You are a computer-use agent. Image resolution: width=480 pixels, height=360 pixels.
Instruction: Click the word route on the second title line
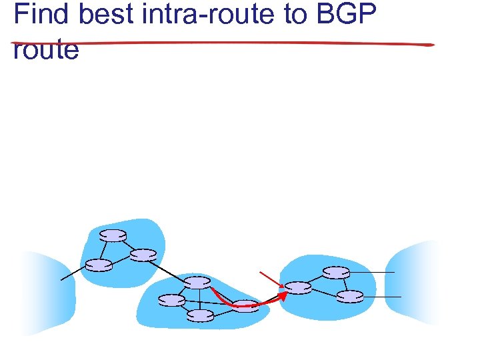pyautogui.click(x=45, y=49)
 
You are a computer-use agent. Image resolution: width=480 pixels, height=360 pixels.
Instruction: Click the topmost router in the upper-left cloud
pyautogui.click(x=113, y=235)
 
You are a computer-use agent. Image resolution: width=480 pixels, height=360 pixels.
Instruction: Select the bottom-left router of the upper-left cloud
pyautogui.click(x=99, y=265)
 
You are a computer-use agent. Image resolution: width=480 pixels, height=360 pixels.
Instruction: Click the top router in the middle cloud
pyautogui.click(x=198, y=282)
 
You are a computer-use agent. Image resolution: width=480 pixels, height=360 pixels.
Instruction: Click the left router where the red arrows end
pyautogui.click(x=299, y=288)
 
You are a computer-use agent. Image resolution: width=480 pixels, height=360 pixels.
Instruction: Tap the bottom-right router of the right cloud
pyautogui.click(x=350, y=297)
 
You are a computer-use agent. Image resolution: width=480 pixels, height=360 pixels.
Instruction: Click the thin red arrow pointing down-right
pyautogui.click(x=271, y=279)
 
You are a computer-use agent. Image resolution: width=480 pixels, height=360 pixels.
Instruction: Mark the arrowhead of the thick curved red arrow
pyautogui.click(x=283, y=295)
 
